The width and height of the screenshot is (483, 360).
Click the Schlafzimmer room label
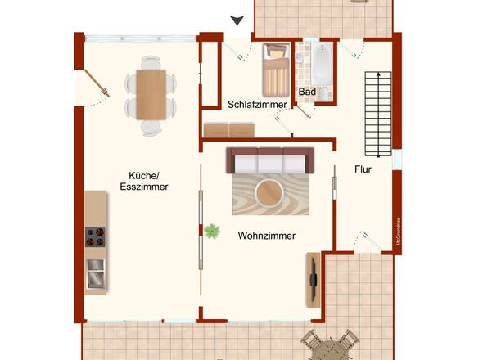(256, 105)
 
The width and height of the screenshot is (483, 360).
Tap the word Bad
(307, 92)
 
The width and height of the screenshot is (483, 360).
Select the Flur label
(363, 170)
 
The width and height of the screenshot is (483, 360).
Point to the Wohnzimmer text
(267, 236)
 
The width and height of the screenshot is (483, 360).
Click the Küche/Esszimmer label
(144, 181)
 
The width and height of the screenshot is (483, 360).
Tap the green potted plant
(213, 232)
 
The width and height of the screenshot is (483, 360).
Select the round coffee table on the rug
(269, 193)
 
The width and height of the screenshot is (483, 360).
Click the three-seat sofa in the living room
(270, 160)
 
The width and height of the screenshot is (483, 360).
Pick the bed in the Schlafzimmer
(275, 70)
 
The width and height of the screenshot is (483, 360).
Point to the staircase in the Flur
(377, 113)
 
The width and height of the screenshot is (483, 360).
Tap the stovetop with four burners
(96, 236)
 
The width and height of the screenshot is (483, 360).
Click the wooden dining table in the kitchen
(151, 93)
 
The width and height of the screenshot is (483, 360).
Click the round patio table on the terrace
(332, 349)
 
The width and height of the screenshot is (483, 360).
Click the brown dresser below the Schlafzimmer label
(228, 129)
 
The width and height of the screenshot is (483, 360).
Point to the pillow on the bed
(275, 52)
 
